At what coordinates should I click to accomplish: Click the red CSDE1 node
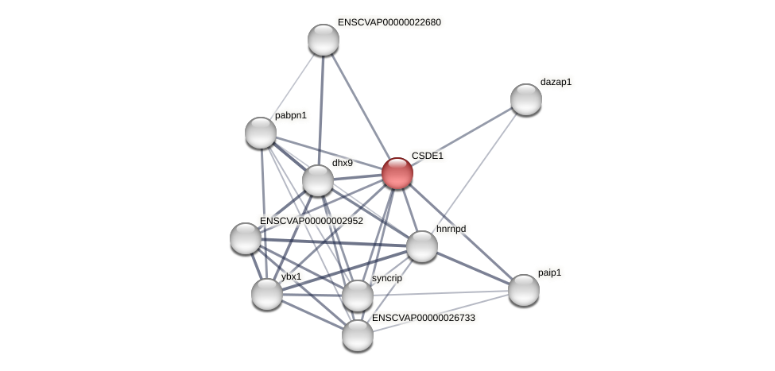pos(397,173)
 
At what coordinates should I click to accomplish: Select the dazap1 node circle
pos(525,99)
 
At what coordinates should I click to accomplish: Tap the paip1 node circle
pos(523,289)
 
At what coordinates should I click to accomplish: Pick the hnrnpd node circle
pos(422,246)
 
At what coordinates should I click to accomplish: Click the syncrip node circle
pos(358,296)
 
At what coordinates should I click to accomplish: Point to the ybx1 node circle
pos(267,294)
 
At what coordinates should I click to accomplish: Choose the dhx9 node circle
pos(318,180)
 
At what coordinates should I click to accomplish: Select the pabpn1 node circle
pos(261,133)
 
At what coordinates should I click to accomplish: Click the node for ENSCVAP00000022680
pos(324,40)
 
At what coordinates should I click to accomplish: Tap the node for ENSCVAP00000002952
pos(246,238)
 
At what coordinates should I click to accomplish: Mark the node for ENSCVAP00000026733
pos(358,335)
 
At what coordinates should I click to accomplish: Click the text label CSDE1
pos(428,156)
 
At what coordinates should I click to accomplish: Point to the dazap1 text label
pos(556,82)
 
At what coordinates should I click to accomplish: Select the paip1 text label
pos(549,272)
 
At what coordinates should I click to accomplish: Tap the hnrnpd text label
pos(451,229)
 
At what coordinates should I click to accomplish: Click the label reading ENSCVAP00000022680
pos(389,22)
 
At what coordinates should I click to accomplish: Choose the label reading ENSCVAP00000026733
pos(424,318)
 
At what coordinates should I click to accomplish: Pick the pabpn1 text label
pos(290,115)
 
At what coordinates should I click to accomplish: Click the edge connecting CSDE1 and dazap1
pos(461,137)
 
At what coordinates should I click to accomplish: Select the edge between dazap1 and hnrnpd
pos(474,172)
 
